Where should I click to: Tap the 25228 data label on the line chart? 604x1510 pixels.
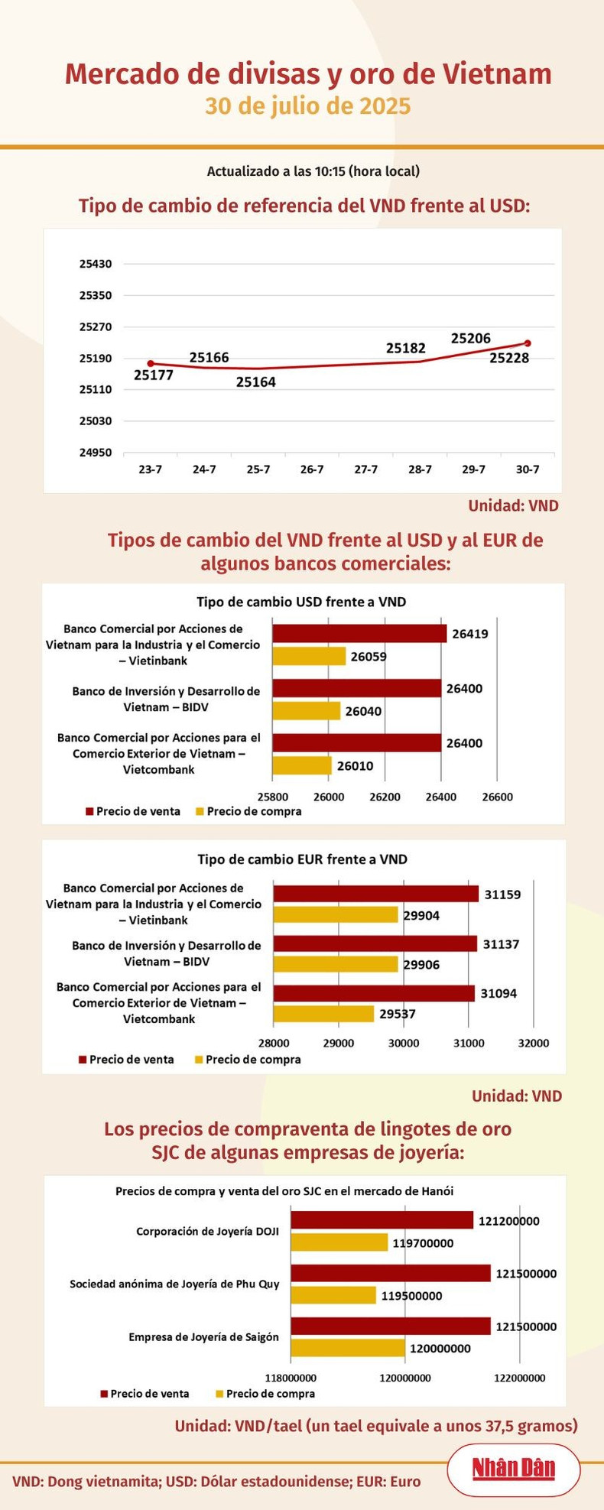pyautogui.click(x=509, y=358)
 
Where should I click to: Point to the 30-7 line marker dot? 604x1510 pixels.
pyautogui.click(x=528, y=343)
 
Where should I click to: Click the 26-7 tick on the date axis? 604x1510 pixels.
pyautogui.click(x=312, y=469)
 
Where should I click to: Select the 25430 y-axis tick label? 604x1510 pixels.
pyautogui.click(x=96, y=264)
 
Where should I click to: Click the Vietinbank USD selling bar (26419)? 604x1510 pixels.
pyautogui.click(x=359, y=633)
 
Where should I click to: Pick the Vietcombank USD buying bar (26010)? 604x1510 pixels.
pyautogui.click(x=302, y=765)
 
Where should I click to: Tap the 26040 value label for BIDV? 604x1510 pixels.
pyautogui.click(x=363, y=712)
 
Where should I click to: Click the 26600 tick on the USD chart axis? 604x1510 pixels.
pyautogui.click(x=497, y=797)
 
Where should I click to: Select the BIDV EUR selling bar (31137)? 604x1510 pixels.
pyautogui.click(x=375, y=943)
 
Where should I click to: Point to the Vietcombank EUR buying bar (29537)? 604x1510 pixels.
pyautogui.click(x=323, y=1014)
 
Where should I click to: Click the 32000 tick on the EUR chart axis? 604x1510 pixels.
pyautogui.click(x=533, y=1043)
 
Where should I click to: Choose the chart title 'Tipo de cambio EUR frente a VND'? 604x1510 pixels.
pyautogui.click(x=302, y=859)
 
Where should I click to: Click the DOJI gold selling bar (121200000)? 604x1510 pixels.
pyautogui.click(x=382, y=1220)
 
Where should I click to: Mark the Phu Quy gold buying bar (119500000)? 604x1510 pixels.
pyautogui.click(x=333, y=1295)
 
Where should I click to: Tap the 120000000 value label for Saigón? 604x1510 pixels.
pyautogui.click(x=440, y=1349)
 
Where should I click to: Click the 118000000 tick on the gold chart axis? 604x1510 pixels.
pyautogui.click(x=291, y=1378)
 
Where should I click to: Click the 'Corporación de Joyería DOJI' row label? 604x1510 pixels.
pyautogui.click(x=207, y=1232)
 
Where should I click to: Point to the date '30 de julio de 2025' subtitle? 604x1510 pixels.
pyautogui.click(x=307, y=106)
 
